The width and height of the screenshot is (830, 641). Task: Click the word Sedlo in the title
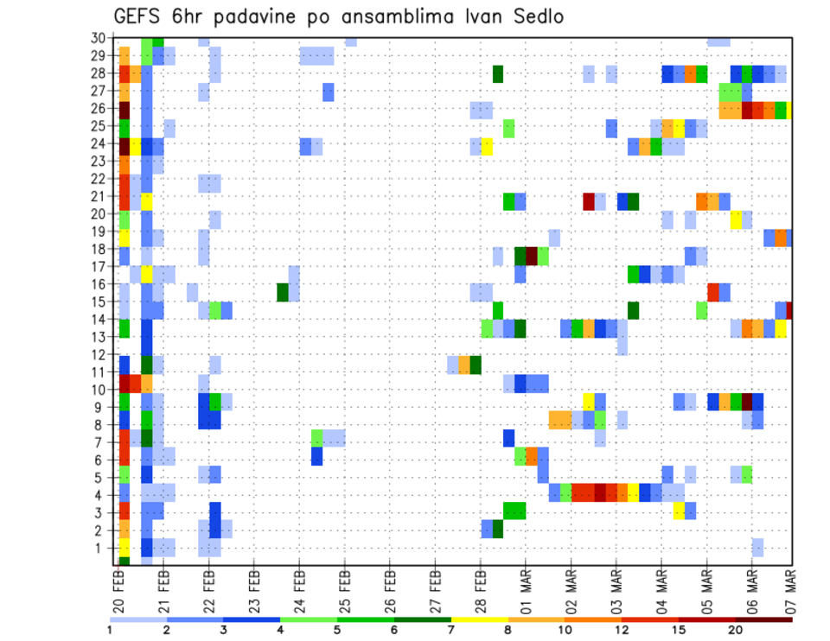point(539,17)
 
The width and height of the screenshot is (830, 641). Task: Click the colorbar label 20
point(736,631)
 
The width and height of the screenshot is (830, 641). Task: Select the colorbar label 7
point(450,631)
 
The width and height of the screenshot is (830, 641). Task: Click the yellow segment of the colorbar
point(479,619)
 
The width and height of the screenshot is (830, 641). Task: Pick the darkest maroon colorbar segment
point(764,619)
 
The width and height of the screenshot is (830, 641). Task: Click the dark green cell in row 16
point(283,292)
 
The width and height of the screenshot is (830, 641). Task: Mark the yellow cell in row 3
point(679,511)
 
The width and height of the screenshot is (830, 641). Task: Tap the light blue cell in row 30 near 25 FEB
point(351,41)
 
